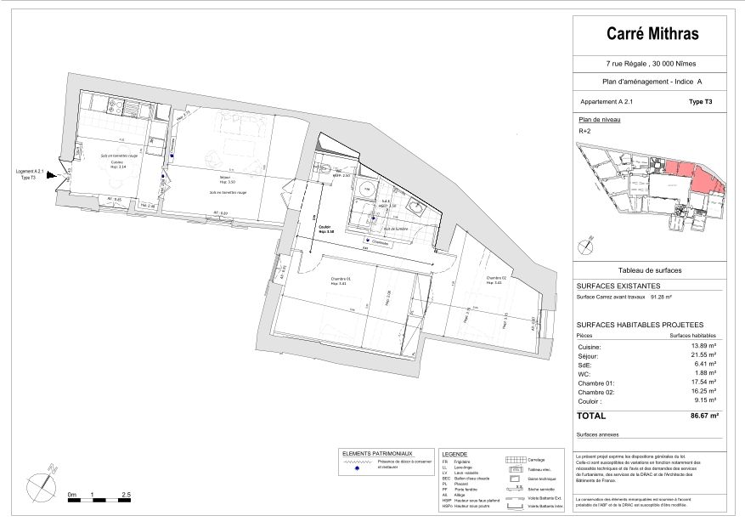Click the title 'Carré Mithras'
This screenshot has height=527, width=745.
pyautogui.click(x=652, y=34)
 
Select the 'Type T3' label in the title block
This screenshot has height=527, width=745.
pyautogui.click(x=700, y=101)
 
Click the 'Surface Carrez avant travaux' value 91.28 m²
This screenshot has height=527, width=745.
pyautogui.click(x=661, y=297)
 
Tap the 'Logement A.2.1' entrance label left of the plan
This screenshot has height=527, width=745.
pyautogui.click(x=30, y=173)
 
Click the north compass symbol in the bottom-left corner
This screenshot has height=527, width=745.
pyautogui.click(x=42, y=482)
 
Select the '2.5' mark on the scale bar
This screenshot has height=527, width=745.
pyautogui.click(x=126, y=494)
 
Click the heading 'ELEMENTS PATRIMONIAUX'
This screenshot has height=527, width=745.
pyautogui.click(x=378, y=454)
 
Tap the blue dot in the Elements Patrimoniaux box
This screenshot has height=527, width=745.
pyautogui.click(x=357, y=467)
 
